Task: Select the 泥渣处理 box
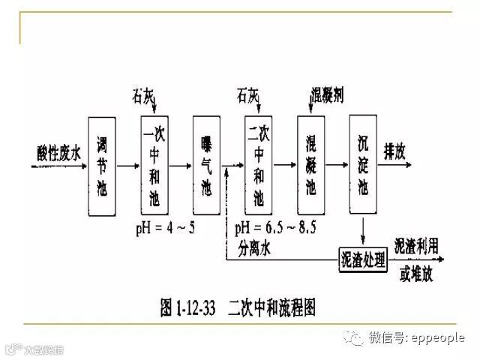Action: [363, 260]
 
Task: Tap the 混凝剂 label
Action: [327, 97]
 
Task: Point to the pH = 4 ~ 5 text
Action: [165, 227]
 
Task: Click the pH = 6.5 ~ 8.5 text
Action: [271, 227]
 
